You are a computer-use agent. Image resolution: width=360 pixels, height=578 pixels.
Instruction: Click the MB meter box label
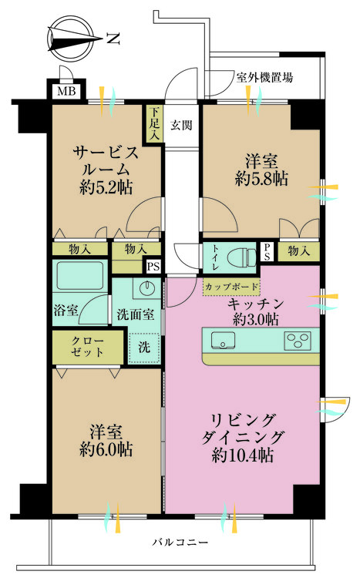pyautogui.click(x=66, y=90)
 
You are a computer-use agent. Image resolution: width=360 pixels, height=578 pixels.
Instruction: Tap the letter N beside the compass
pyautogui.click(x=113, y=39)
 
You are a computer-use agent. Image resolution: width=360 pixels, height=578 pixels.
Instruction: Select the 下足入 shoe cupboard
pyautogui.click(x=154, y=123)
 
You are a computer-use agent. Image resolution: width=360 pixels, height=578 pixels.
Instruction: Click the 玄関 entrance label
pyautogui.click(x=181, y=126)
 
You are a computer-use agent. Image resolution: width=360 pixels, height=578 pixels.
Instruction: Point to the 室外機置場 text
pyautogui.click(x=264, y=78)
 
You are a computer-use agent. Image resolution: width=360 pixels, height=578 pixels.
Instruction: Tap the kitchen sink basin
pyautogui.click(x=223, y=340)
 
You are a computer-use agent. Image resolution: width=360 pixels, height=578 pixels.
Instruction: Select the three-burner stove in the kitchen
pyautogui.click(x=298, y=340)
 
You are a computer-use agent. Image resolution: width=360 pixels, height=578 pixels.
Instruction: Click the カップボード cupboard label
pyautogui.click(x=231, y=287)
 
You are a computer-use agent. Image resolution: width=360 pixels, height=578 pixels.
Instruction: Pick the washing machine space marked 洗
pyautogui.click(x=144, y=348)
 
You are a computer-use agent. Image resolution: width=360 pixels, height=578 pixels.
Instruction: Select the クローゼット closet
pyautogui.click(x=87, y=348)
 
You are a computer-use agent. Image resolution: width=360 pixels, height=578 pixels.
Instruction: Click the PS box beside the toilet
pyautogui.click(x=267, y=252)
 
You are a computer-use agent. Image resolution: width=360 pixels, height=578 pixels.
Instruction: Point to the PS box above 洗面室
pyautogui.click(x=153, y=266)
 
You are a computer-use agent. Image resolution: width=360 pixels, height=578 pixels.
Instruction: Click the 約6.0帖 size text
pyautogui.click(x=106, y=449)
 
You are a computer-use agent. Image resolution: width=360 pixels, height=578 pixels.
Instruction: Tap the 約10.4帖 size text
pyautogui.click(x=242, y=455)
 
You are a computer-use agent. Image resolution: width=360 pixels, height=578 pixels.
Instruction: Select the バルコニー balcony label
pyautogui.click(x=180, y=543)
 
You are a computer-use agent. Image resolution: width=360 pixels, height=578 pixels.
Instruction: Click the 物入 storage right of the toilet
pyautogui.click(x=298, y=251)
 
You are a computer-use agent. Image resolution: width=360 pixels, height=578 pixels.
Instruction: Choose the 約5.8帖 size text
pyautogui.click(x=261, y=179)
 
